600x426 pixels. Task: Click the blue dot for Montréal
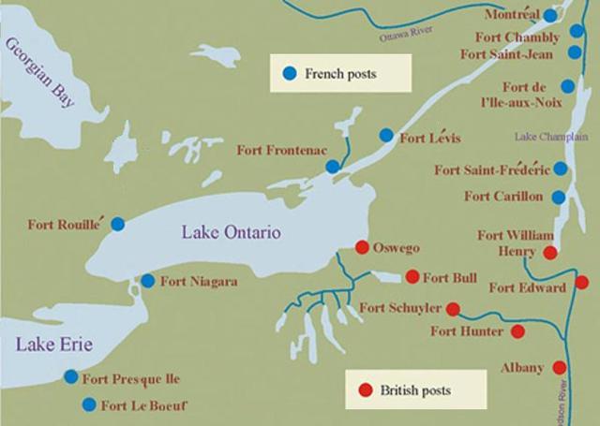(550, 16)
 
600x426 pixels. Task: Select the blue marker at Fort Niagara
(147, 281)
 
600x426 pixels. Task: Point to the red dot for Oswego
(361, 248)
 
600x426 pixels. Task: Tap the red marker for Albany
(560, 368)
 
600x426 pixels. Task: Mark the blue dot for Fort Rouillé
(117, 224)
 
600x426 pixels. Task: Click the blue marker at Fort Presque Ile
(71, 377)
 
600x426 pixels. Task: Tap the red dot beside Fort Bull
(412, 276)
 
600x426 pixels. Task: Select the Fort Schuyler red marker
(453, 308)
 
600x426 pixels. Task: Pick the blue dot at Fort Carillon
(559, 198)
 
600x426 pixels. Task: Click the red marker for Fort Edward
(581, 283)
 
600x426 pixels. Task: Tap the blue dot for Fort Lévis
(385, 135)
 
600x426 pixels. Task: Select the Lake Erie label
(53, 346)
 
